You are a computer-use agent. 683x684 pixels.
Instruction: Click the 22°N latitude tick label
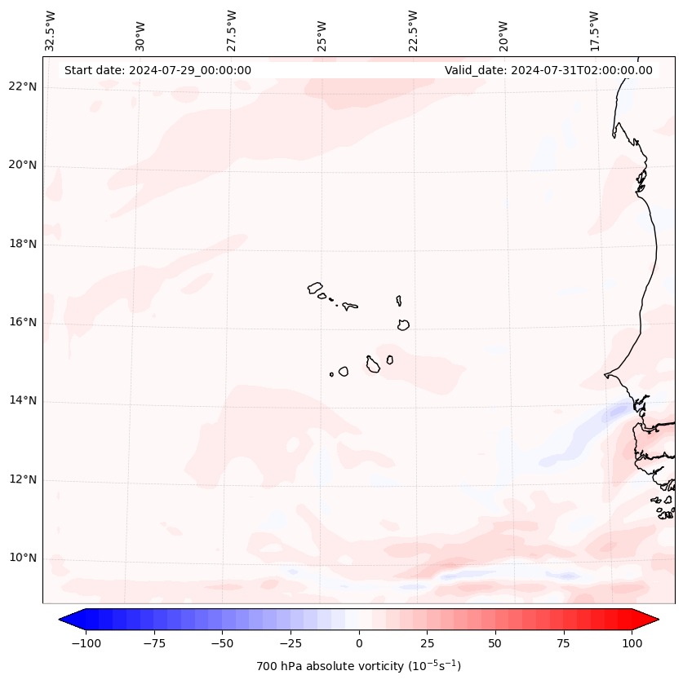click(x=23, y=86)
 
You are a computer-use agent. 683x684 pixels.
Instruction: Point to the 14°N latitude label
click(x=23, y=400)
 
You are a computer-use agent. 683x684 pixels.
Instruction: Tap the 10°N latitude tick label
click(x=23, y=558)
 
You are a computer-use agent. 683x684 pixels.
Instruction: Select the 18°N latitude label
click(x=23, y=244)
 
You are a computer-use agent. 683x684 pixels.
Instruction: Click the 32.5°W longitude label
click(x=51, y=30)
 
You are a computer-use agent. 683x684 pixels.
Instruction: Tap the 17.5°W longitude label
click(x=595, y=30)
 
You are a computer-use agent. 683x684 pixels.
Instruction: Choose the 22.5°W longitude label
click(x=414, y=30)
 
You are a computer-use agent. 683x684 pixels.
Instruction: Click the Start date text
click(x=157, y=70)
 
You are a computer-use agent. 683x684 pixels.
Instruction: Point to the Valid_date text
click(x=548, y=70)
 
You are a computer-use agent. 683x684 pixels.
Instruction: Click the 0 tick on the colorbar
click(x=359, y=643)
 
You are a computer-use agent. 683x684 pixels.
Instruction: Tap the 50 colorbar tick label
click(x=495, y=643)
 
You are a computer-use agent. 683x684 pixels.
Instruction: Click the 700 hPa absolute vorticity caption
click(x=359, y=666)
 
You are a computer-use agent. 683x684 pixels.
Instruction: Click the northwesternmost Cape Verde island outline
click(x=315, y=287)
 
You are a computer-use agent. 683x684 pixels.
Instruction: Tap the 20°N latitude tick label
click(x=23, y=165)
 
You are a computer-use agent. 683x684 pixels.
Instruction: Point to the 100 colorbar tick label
click(x=631, y=643)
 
